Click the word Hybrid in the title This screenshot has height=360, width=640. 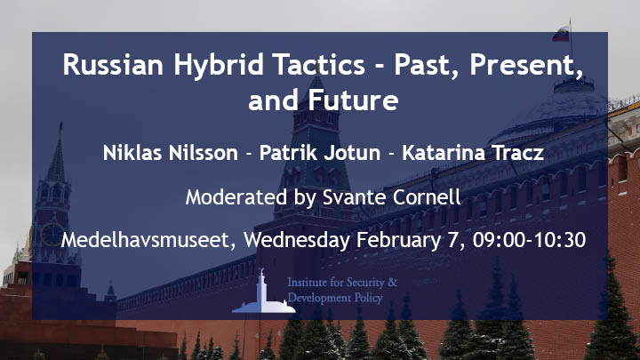[219, 65]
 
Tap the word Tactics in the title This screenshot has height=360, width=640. [319, 64]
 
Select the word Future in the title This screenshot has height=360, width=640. [353, 100]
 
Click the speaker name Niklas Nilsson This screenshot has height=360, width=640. [170, 153]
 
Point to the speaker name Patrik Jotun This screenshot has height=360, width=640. [320, 153]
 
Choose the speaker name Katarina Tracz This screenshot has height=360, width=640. [473, 153]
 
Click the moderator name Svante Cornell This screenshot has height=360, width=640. [392, 197]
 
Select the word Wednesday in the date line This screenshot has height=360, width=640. [297, 240]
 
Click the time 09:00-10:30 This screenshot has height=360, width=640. [530, 240]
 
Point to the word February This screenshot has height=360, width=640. [399, 240]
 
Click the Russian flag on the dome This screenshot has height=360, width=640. [561, 34]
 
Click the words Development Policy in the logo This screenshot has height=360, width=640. [335, 298]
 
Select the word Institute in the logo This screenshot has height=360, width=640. [307, 282]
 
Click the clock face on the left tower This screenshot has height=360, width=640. [52, 235]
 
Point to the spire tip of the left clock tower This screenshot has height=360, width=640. [60, 123]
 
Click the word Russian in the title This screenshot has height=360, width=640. [113, 64]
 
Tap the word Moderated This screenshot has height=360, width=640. [236, 197]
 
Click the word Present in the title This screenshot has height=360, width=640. [526, 65]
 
